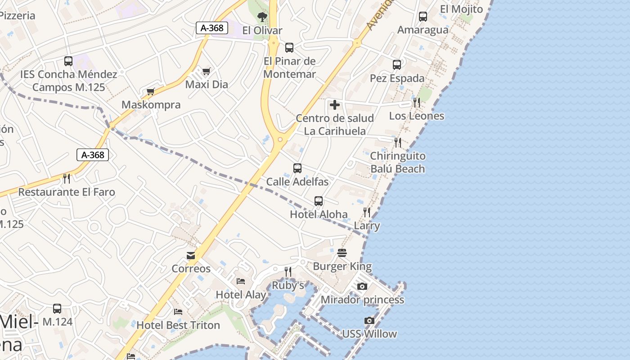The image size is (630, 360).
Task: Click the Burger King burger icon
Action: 342,252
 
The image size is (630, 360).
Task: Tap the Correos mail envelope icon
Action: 191,256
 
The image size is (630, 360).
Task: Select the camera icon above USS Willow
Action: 369,320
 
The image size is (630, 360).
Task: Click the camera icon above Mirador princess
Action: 362,286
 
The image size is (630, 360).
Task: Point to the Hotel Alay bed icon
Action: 241,281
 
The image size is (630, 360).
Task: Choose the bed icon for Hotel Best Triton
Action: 178,311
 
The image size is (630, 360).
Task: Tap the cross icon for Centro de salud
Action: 335,105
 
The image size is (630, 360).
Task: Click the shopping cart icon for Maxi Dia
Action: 207,71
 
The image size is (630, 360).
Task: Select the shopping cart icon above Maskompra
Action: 151,91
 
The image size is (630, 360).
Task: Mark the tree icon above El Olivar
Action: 262,17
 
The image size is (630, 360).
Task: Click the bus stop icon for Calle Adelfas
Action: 297,168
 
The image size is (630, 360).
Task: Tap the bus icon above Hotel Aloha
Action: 319,201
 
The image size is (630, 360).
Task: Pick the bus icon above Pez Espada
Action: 397,65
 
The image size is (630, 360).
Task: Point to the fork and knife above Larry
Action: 367,212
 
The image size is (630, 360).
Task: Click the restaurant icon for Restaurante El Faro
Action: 67,179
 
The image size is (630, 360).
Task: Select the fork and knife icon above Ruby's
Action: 288,271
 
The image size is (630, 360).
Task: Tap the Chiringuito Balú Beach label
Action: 397,162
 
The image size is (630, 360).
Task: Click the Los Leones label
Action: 416,116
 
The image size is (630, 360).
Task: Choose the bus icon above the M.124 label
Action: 57,309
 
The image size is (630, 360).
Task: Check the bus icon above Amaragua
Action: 423,17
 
